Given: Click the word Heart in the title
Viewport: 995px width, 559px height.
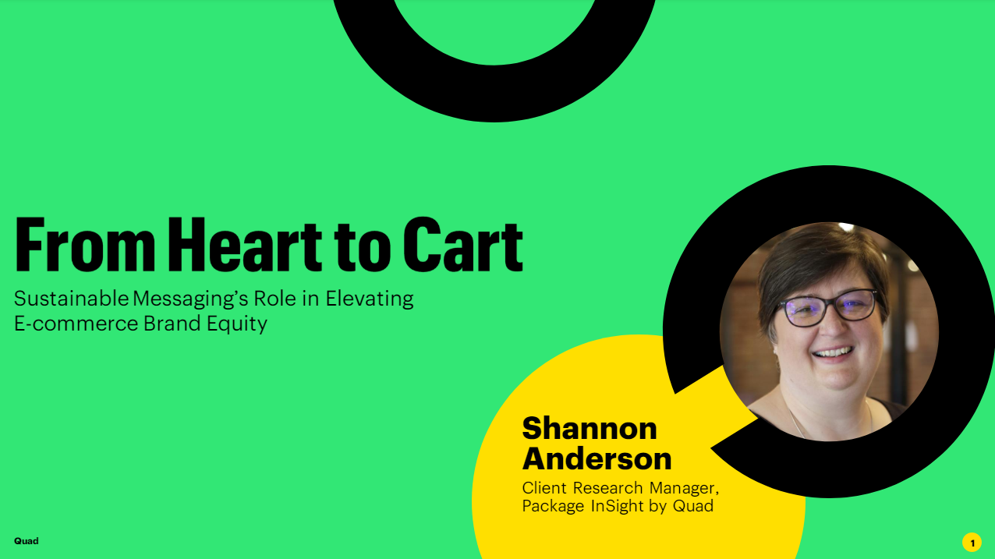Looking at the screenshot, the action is click(244, 245).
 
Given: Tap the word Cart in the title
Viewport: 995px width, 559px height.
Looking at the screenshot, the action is click(463, 245).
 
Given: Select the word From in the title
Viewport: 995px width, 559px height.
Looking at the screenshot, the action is click(85, 245).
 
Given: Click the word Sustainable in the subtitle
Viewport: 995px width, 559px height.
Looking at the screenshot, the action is click(72, 299).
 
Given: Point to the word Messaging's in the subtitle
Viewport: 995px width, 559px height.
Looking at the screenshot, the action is click(190, 299).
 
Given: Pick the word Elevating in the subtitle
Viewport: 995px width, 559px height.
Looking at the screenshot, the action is click(370, 299).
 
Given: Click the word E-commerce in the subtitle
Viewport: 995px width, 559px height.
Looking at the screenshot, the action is click(76, 324).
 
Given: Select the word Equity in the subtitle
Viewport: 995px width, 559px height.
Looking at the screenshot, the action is click(237, 324).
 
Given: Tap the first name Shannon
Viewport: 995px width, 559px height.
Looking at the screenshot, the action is click(590, 428).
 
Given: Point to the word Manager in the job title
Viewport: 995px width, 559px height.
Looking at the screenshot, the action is click(684, 488).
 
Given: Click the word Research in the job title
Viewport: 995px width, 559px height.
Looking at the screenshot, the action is click(607, 487).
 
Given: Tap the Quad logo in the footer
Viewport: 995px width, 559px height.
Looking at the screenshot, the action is click(27, 541).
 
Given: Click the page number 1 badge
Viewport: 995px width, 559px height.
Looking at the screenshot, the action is click(972, 543).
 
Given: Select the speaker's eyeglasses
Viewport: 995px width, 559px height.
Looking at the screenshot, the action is click(826, 307).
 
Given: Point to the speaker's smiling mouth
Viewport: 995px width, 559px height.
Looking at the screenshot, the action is click(833, 353).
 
